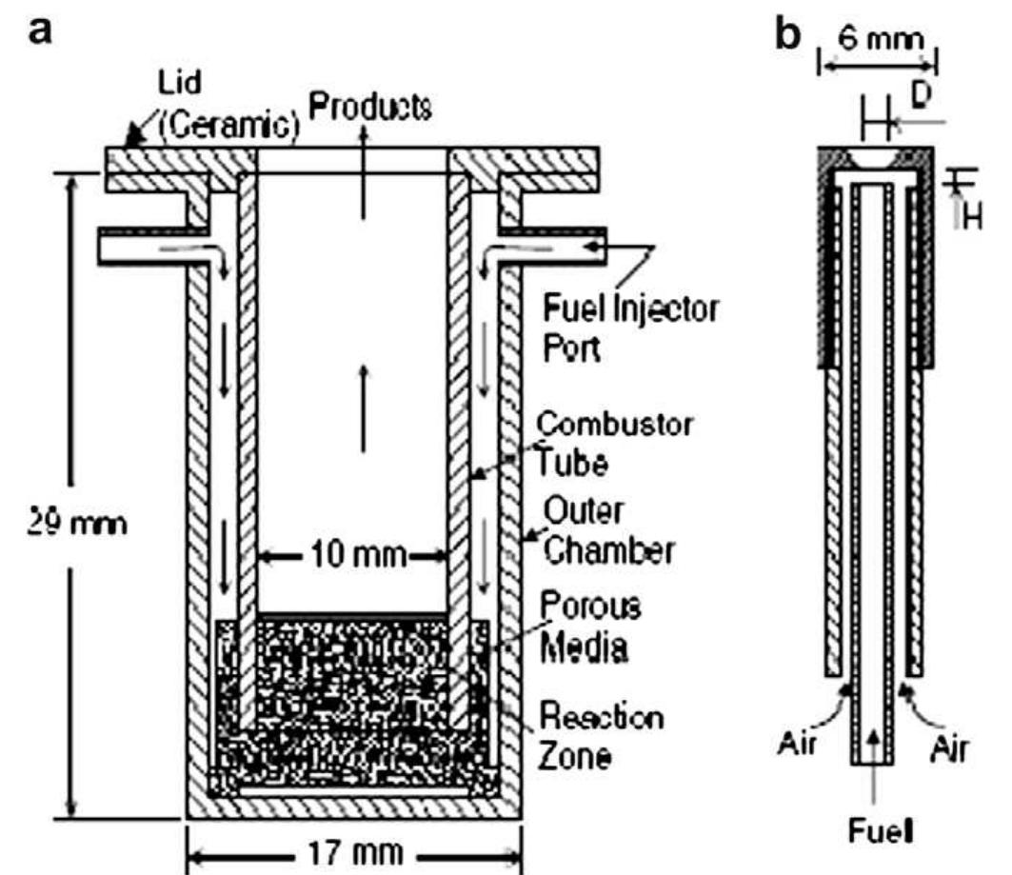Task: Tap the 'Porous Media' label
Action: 585,626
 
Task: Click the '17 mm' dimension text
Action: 352,850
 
